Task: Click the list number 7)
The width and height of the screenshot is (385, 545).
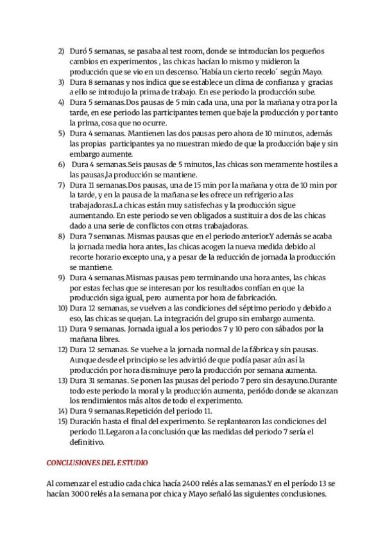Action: (x=62, y=185)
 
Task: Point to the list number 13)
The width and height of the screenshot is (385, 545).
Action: (x=62, y=380)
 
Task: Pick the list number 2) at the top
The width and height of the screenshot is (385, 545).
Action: (x=62, y=50)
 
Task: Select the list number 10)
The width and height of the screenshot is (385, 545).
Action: (x=62, y=308)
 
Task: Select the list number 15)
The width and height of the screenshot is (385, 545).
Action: (x=62, y=421)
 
